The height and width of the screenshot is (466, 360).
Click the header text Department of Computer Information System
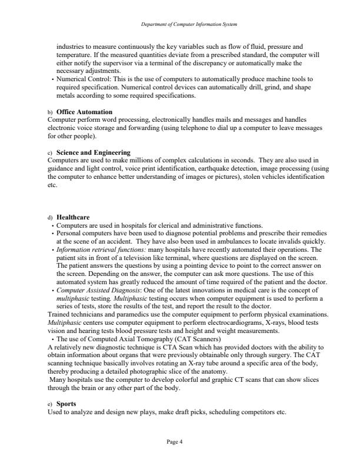click(180, 24)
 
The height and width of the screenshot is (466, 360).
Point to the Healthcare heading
click(73, 217)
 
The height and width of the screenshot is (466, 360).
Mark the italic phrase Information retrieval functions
click(101, 249)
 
